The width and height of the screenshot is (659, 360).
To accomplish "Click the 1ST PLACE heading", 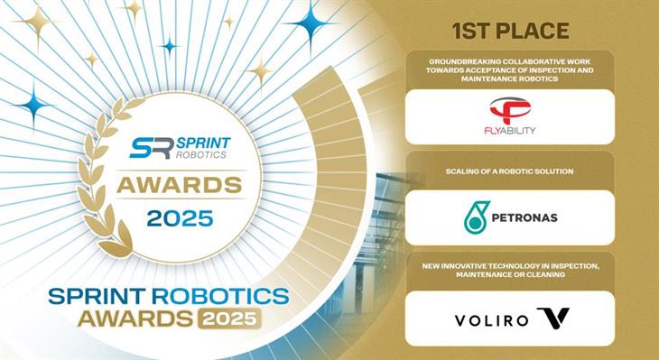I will tap(512, 32).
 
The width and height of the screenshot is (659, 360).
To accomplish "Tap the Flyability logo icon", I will tap(512, 110).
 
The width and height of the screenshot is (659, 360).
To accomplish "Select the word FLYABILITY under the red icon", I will tap(512, 130).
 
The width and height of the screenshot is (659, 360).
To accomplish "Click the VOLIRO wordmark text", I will tap(488, 318).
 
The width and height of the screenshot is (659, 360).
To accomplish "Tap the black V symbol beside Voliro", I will tap(552, 318).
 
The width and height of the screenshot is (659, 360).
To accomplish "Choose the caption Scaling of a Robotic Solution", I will tap(511, 171).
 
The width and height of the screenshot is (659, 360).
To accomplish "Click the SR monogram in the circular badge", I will tap(149, 148).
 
